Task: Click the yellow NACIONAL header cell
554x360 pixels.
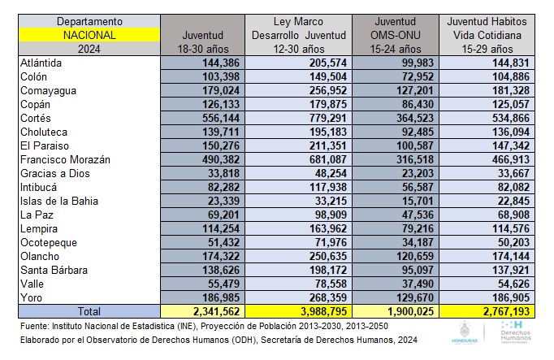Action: click(89, 35)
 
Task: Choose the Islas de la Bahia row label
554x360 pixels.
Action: click(60, 201)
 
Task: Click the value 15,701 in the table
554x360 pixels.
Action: click(417, 201)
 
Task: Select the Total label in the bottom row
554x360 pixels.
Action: click(89, 311)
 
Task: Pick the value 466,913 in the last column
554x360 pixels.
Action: click(509, 159)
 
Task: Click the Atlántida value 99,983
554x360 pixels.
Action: click(417, 63)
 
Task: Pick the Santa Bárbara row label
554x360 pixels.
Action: click(58, 270)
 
